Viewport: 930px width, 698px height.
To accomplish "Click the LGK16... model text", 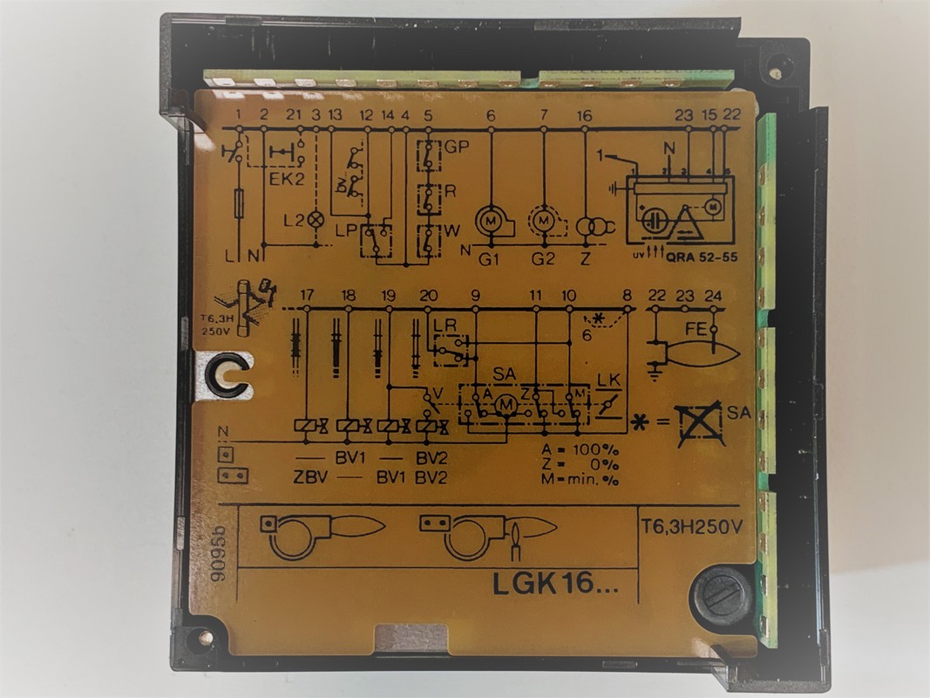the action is pos(555,582).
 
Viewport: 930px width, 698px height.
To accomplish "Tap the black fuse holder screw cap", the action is pos(722,598).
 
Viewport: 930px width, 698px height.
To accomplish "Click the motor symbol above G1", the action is pos(490,220).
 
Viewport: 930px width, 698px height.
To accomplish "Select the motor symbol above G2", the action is pos(544,220).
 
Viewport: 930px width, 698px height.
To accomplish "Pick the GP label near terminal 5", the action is pos(456,147).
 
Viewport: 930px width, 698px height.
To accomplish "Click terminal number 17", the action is pos(306,295).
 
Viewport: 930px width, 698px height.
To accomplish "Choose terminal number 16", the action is pos(584,115).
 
